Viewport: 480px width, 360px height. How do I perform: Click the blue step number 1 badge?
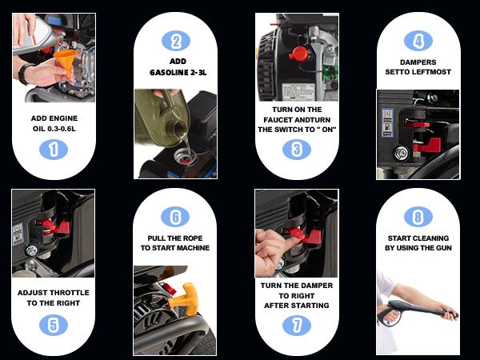pyautogui.click(x=54, y=150)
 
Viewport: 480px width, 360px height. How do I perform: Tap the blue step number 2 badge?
pyautogui.click(x=176, y=41)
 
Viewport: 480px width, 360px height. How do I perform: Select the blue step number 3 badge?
pyautogui.click(x=297, y=150)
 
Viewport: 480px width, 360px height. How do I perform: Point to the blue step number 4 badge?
pyautogui.click(x=418, y=41)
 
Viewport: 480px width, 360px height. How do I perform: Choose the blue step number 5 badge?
pyautogui.click(x=54, y=325)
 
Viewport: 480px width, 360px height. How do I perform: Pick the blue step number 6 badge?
pyautogui.click(x=175, y=217)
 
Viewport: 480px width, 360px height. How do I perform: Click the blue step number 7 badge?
pyautogui.click(x=297, y=326)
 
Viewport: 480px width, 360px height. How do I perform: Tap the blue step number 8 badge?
pyautogui.click(x=418, y=217)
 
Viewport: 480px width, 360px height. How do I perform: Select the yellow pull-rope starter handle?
pyautogui.click(x=184, y=299)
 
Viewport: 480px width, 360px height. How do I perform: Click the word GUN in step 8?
pyautogui.click(x=444, y=248)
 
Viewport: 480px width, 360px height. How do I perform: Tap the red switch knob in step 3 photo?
pyautogui.click(x=298, y=54)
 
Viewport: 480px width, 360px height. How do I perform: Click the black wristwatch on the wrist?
pyautogui.click(x=24, y=74)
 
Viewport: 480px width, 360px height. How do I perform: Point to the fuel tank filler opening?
pyautogui.click(x=185, y=157)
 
